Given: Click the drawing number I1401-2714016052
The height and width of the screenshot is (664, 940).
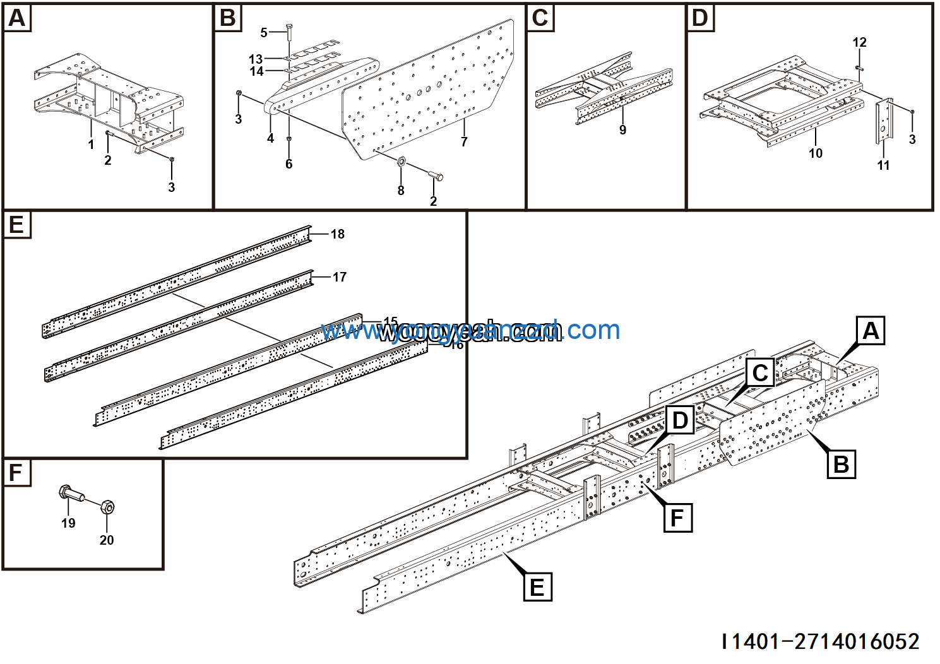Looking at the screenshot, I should click(x=821, y=642).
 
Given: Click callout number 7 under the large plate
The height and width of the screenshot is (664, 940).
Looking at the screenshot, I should click(x=464, y=142).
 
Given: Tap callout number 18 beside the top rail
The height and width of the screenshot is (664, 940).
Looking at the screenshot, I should click(x=338, y=234).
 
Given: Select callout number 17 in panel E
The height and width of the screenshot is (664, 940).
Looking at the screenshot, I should click(x=339, y=277).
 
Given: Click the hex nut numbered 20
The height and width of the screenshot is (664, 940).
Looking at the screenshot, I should click(x=107, y=507).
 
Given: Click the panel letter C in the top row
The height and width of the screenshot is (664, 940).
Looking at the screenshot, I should click(x=540, y=18).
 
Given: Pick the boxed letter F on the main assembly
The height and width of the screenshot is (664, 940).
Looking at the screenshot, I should click(x=677, y=518).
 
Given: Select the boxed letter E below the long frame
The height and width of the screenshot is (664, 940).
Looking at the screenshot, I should click(x=537, y=587).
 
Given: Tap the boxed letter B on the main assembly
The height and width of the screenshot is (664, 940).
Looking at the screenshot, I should click(x=841, y=465).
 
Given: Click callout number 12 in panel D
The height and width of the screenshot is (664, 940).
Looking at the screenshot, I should click(x=859, y=42).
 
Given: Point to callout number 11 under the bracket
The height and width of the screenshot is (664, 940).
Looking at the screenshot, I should click(x=883, y=165).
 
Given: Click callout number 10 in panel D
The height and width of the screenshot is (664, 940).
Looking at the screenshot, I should click(x=815, y=153).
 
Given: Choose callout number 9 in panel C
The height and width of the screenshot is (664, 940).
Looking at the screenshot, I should click(x=622, y=130).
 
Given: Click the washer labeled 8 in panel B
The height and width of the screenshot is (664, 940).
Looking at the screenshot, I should click(x=402, y=163).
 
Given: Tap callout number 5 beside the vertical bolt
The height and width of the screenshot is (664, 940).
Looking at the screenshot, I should click(x=264, y=32).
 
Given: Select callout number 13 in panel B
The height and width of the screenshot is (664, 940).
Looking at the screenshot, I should click(x=255, y=59).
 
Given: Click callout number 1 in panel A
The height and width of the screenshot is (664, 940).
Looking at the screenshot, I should click(x=91, y=145).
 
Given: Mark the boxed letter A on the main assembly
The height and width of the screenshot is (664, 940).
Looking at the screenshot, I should click(x=871, y=331).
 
